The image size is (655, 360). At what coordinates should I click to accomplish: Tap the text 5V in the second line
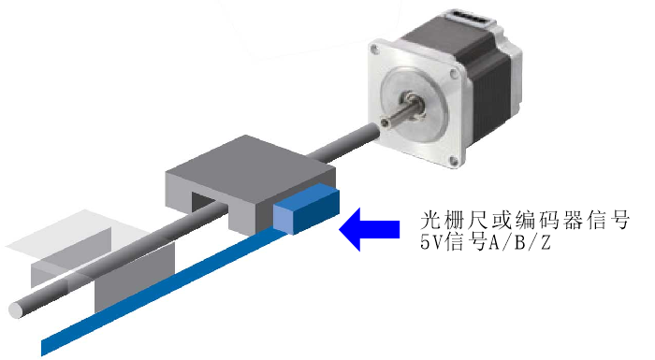pyautogui.click(x=431, y=247)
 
